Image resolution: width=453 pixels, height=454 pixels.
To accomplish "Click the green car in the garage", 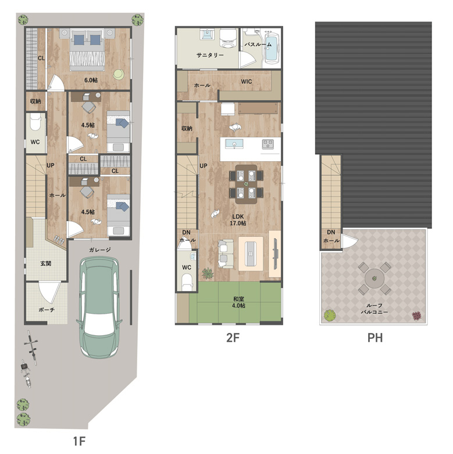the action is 99,307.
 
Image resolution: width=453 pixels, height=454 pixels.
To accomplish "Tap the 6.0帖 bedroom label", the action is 91,80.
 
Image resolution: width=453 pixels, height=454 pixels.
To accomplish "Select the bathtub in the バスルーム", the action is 272,48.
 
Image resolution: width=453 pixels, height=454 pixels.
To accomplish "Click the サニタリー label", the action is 210,55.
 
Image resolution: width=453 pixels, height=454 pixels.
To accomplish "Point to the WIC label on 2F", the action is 247,81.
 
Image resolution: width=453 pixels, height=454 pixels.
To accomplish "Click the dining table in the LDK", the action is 246,184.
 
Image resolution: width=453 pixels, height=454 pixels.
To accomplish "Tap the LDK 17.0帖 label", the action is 238,220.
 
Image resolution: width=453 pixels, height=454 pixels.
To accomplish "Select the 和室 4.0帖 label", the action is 238,302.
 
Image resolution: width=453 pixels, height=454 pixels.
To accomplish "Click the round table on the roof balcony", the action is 374,279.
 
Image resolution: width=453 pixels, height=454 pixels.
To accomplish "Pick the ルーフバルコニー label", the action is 374,308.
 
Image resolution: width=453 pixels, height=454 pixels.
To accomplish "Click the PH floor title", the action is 375,338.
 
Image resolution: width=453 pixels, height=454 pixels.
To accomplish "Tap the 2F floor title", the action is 233,338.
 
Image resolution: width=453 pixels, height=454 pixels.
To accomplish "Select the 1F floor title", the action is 79,441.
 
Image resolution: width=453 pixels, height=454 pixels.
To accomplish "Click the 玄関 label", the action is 46,264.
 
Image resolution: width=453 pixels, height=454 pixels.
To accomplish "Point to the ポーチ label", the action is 47,310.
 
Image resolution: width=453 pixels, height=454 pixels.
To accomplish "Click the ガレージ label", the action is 100,250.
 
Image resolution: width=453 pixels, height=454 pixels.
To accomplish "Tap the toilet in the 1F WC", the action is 36,123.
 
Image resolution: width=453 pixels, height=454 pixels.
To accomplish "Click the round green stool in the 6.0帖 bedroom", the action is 119,75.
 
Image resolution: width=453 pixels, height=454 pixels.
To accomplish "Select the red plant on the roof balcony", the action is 416,315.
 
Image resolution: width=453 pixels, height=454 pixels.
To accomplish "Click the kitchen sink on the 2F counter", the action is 234,144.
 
